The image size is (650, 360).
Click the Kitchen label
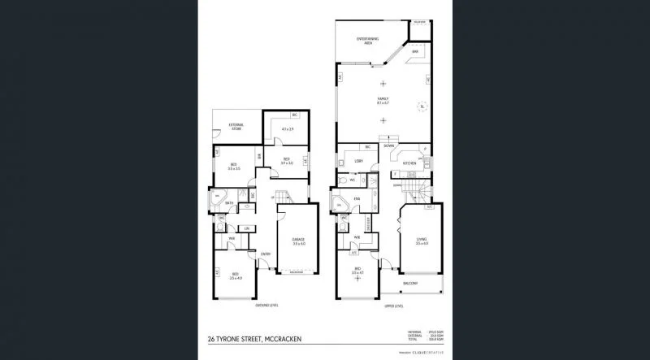tap(409, 163)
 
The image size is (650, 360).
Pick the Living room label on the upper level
tap(421, 241)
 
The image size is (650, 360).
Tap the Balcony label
tap(411, 283)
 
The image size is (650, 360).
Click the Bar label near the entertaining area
tap(414, 50)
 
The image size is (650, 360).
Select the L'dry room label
tap(358, 162)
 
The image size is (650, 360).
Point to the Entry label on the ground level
tap(265, 254)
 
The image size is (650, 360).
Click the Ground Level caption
tap(267, 306)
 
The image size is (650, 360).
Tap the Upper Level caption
tap(393, 306)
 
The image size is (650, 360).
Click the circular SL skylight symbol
tap(422, 105)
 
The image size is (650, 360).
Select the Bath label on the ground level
tap(230, 203)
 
